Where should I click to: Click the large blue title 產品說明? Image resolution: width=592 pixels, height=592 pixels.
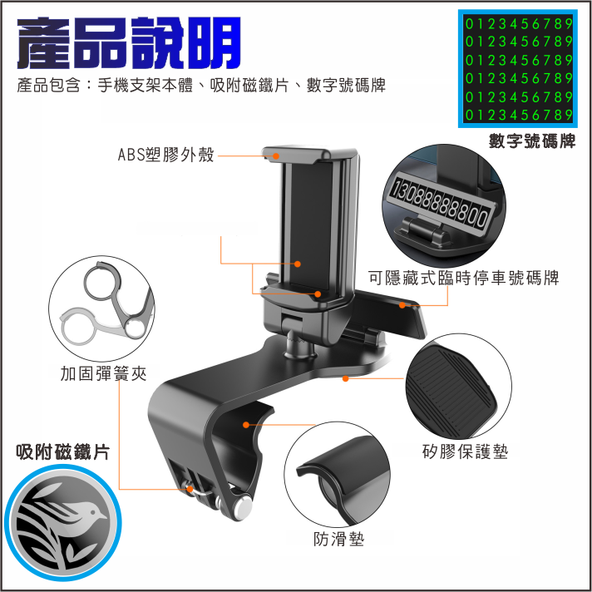(x=129, y=42)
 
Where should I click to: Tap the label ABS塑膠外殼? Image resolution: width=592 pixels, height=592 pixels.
(x=165, y=155)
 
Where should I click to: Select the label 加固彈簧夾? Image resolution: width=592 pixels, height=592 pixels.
(x=103, y=374)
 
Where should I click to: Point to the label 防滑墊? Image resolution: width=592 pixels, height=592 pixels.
(x=338, y=539)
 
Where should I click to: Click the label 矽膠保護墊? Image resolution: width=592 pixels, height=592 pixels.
(x=465, y=451)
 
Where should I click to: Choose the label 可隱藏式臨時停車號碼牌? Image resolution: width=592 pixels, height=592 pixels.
(x=464, y=278)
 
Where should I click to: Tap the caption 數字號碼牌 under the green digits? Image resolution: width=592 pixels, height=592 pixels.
(x=532, y=141)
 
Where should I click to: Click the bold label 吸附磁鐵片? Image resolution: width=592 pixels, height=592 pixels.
(x=63, y=452)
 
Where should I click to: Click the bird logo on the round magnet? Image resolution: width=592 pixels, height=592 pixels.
(x=62, y=523)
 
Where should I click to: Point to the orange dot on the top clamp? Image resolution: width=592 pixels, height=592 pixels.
(x=276, y=156)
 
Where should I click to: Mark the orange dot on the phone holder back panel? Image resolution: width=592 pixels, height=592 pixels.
(x=298, y=264)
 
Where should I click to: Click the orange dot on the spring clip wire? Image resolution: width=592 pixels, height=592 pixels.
(x=190, y=489)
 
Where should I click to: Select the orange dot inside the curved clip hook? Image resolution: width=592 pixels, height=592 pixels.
(x=246, y=425)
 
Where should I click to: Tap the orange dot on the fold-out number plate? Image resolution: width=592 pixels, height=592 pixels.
(x=402, y=305)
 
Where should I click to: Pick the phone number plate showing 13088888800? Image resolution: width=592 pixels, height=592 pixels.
(x=442, y=204)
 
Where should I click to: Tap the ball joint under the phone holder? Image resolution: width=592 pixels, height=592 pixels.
(x=298, y=343)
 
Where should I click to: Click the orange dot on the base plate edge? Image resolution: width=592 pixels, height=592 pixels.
(x=345, y=378)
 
